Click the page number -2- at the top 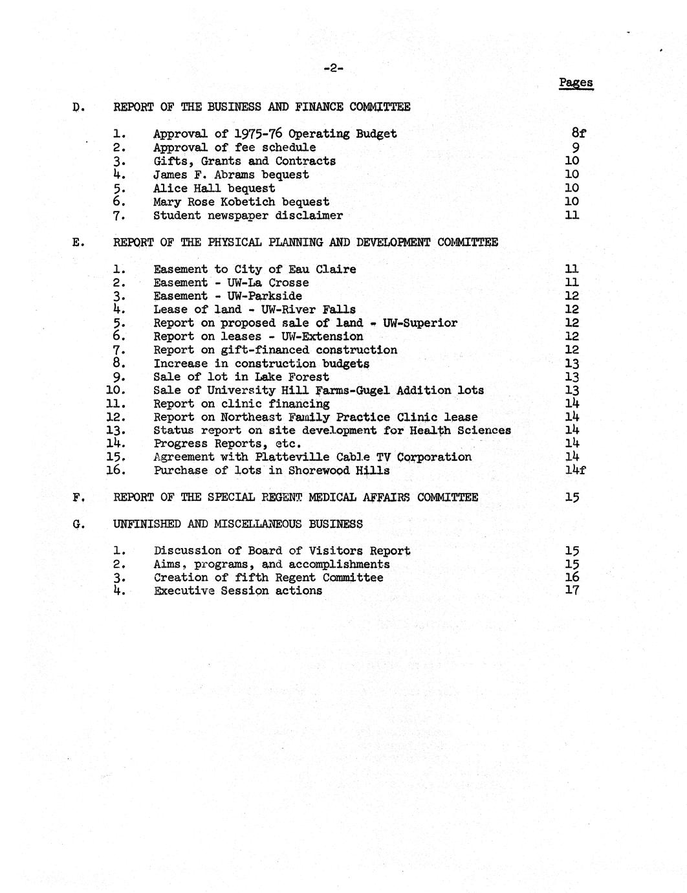pyautogui.click(x=333, y=68)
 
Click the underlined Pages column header pyautogui.click(x=576, y=83)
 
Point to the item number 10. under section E pyautogui.click(x=115, y=390)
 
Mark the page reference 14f pyautogui.click(x=574, y=470)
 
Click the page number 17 pyautogui.click(x=571, y=590)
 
